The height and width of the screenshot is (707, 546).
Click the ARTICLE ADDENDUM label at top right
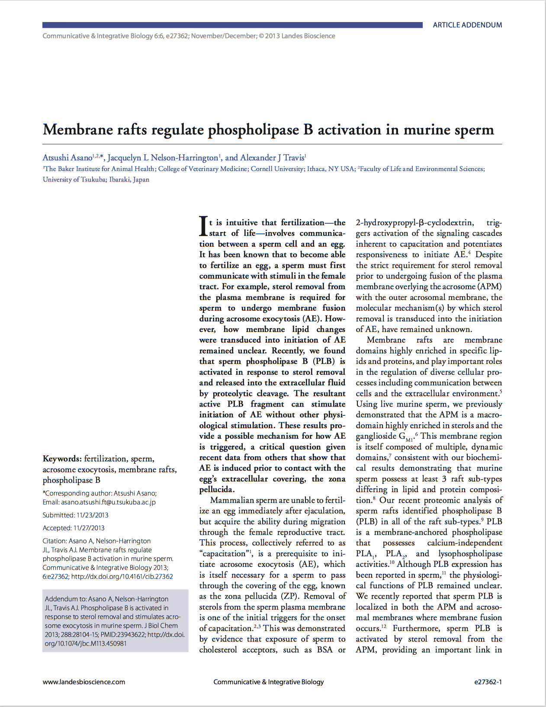click(x=467, y=25)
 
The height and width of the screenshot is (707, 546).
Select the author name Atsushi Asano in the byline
click(x=67, y=158)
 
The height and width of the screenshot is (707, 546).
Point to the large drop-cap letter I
click(x=203, y=226)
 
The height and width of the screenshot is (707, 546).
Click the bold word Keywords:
click(x=62, y=459)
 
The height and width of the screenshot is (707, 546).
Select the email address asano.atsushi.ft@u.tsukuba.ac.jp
click(x=108, y=502)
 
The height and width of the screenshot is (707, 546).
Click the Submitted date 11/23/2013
click(x=92, y=515)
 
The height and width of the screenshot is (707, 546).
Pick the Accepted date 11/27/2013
click(x=89, y=528)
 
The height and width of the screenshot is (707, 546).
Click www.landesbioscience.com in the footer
click(x=84, y=682)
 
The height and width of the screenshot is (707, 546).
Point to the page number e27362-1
click(x=488, y=682)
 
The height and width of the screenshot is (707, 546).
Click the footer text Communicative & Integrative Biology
click(x=268, y=682)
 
